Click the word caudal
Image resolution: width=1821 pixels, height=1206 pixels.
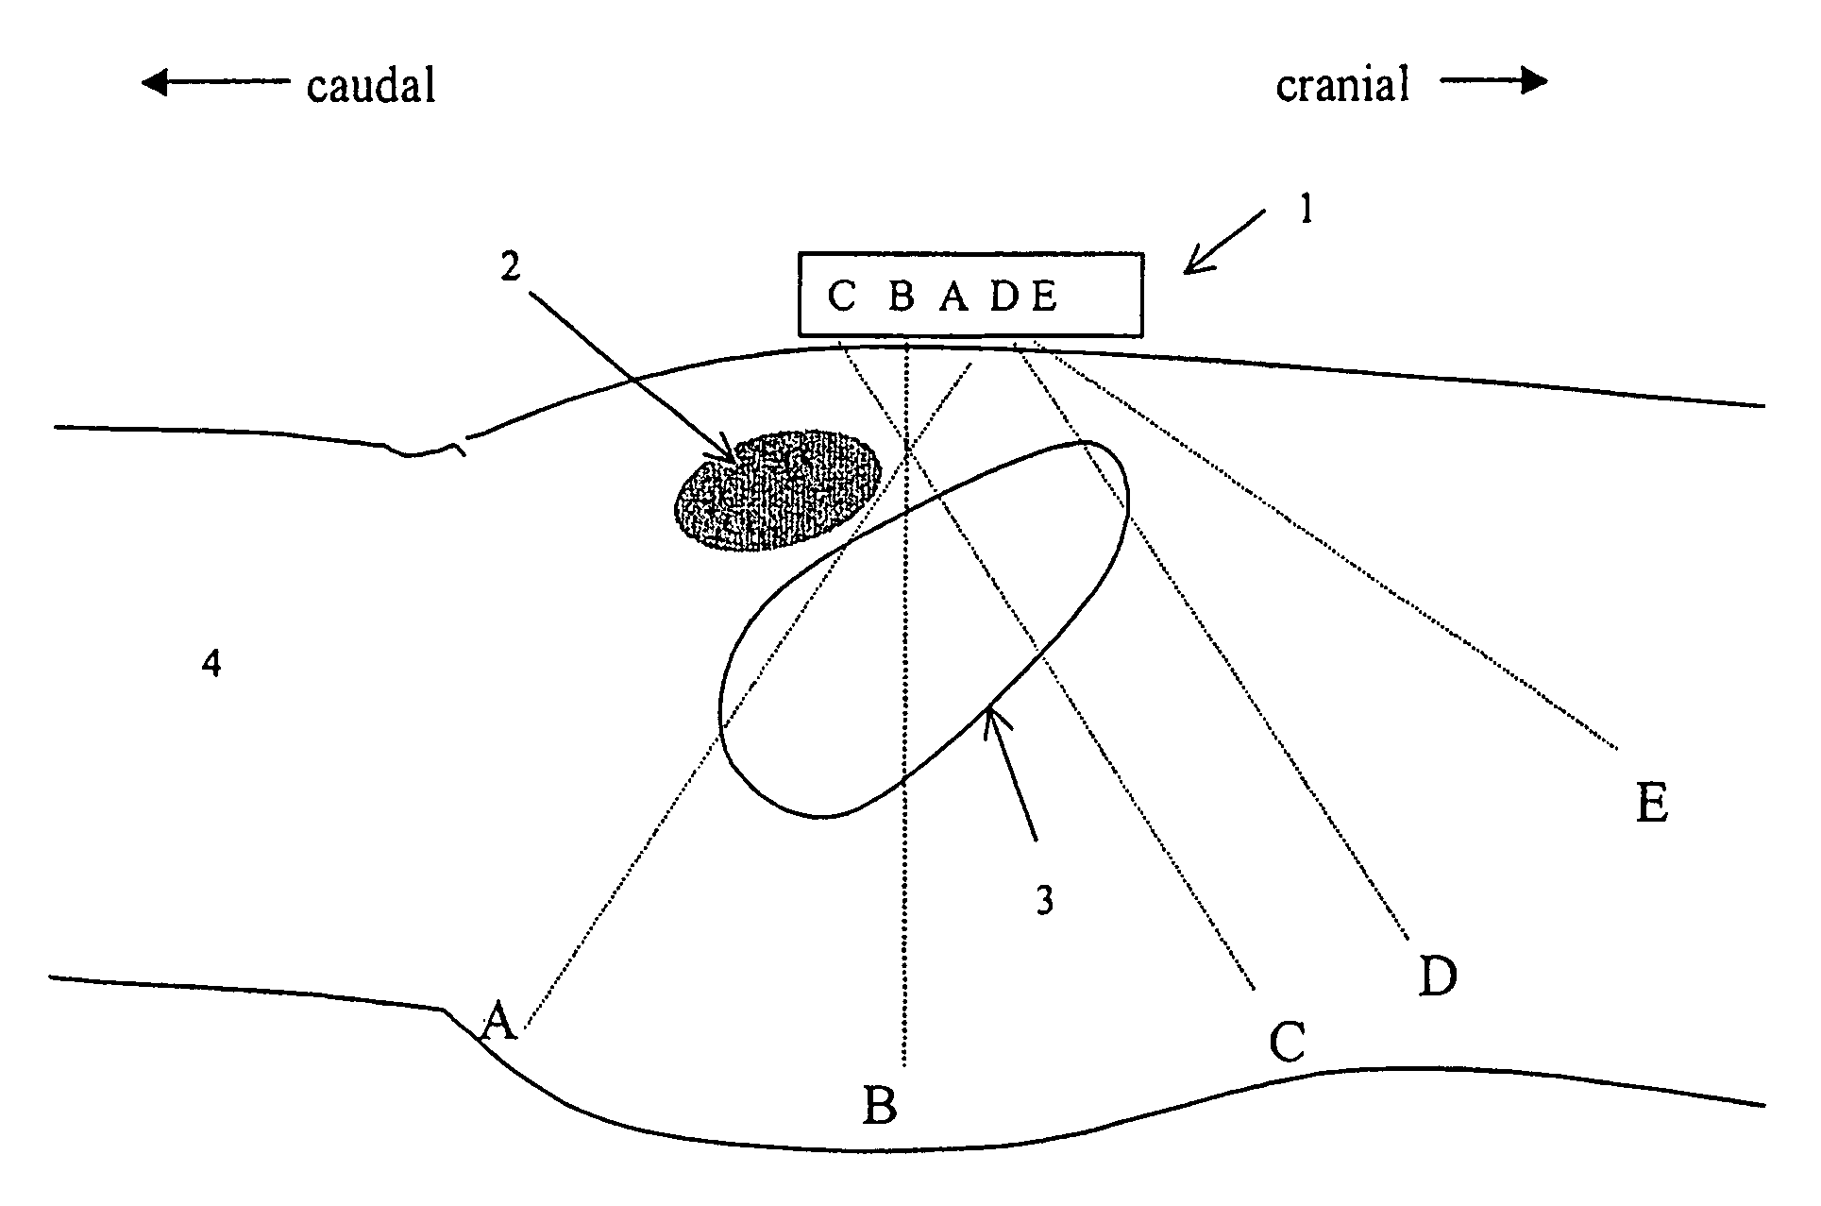click(x=371, y=87)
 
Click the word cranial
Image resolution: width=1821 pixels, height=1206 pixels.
click(x=1342, y=85)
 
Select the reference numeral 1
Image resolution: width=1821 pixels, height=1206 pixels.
click(x=1307, y=210)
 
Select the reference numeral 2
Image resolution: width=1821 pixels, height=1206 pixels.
click(x=510, y=267)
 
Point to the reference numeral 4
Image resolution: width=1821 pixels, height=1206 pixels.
click(x=212, y=664)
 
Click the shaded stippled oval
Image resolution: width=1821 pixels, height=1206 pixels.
click(x=777, y=491)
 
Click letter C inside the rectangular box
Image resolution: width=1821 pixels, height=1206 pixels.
click(x=840, y=297)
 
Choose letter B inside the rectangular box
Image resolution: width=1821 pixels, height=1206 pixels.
click(x=902, y=297)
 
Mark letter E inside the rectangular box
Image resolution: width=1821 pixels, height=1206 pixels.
click(x=1043, y=297)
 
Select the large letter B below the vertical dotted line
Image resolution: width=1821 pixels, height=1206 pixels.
click(x=880, y=1105)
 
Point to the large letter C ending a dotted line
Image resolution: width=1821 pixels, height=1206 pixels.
click(x=1287, y=1043)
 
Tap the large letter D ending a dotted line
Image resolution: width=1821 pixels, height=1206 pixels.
click(x=1438, y=977)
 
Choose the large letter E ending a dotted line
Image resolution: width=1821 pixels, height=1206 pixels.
click(x=1651, y=805)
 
